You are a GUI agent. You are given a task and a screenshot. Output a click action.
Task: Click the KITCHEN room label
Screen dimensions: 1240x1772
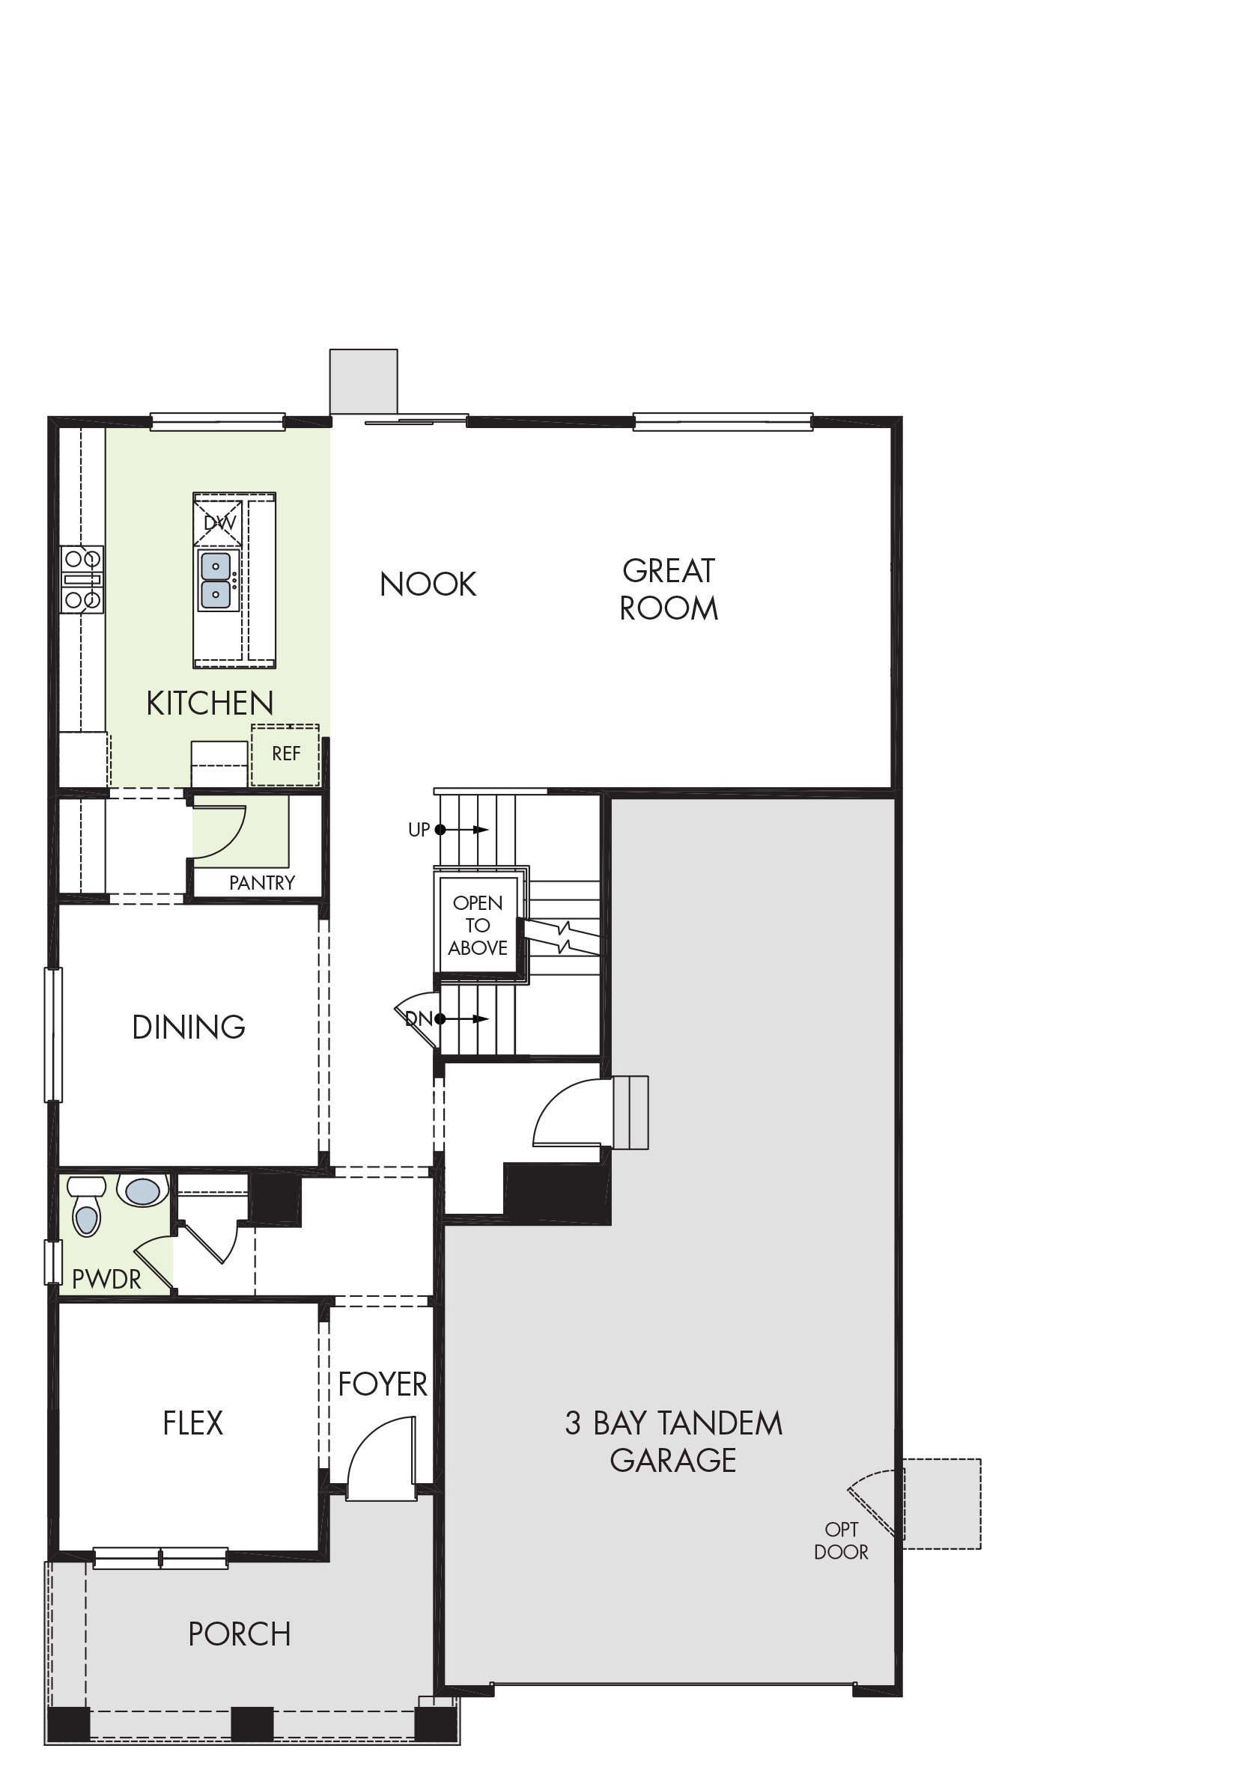point(210,703)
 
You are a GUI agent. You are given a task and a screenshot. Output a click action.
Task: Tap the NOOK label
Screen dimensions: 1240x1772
point(428,584)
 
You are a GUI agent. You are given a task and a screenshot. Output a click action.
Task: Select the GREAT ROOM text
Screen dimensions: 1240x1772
point(669,590)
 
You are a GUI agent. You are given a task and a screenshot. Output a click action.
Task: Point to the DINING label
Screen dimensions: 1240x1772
point(189,1027)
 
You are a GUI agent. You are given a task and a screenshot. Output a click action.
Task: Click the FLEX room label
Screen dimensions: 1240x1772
point(193,1423)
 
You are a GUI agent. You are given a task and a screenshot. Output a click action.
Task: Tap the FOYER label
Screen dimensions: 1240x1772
point(383,1384)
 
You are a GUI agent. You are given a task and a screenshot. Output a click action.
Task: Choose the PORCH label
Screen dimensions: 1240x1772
point(240,1634)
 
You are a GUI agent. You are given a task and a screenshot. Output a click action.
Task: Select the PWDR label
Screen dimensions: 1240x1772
point(106,1280)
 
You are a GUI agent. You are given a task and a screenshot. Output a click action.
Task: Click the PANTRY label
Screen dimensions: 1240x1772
point(262,883)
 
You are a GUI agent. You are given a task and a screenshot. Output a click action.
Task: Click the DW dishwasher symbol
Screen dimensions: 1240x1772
point(219,523)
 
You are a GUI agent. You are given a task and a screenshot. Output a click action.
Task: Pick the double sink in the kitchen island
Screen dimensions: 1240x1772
point(216,580)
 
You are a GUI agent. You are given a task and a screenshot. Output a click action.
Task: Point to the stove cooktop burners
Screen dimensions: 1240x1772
point(82,580)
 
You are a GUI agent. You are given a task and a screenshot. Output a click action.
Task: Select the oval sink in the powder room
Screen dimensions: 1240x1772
point(143,1191)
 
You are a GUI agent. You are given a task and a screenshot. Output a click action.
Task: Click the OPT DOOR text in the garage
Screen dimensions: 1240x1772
point(841,1541)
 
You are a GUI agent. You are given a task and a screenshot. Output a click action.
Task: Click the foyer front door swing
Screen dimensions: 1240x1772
point(380,1458)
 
